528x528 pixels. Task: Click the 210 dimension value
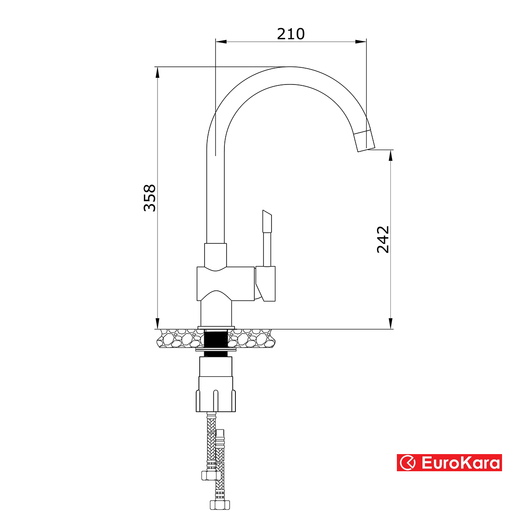coord(290,34)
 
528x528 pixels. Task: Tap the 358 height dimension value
coord(150,198)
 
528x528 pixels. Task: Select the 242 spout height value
coord(383,239)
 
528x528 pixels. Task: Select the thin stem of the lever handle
coord(267,249)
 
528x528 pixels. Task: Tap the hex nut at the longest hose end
coord(218,505)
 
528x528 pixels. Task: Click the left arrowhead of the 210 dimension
coord(220,42)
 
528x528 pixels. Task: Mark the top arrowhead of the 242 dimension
coord(390,155)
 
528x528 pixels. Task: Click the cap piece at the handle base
coord(266,284)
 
